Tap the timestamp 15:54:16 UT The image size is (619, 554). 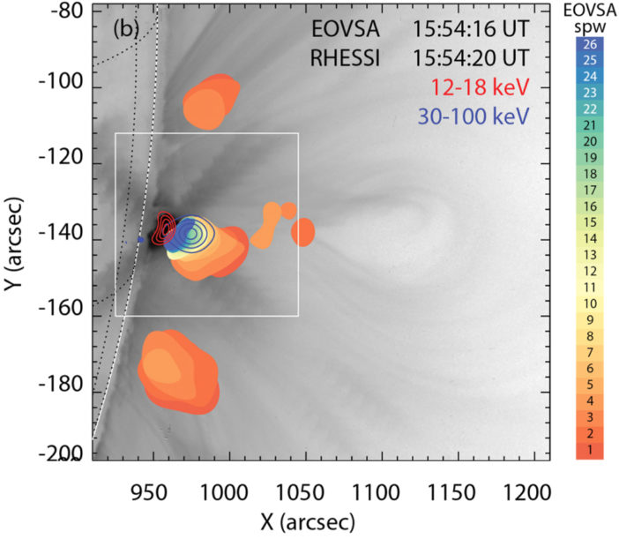471,28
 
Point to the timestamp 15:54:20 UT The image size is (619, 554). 471,58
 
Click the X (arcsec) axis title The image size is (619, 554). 309,522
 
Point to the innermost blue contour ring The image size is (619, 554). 191,235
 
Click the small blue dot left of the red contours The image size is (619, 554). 139,239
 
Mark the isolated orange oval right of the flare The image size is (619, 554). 302,232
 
